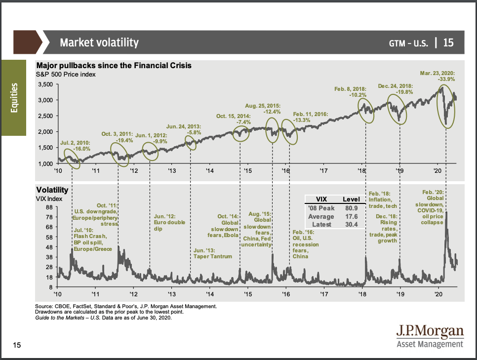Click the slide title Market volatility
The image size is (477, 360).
pyautogui.click(x=99, y=42)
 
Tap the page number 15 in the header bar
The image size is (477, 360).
pyautogui.click(x=448, y=43)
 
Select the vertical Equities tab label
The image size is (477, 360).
pyautogui.click(x=15, y=97)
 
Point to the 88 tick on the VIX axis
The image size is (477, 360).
pyautogui.click(x=49, y=207)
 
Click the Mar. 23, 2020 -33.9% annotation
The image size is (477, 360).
pyautogui.click(x=438, y=76)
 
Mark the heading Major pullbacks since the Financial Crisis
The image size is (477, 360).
pyautogui.click(x=113, y=65)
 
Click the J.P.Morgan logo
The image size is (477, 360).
pyautogui.click(x=430, y=335)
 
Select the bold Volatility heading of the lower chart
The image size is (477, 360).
pyautogui.click(x=52, y=190)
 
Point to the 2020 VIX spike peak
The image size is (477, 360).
pyautogui.click(x=446, y=212)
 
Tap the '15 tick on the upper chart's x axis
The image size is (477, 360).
pyautogui.click(x=247, y=171)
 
